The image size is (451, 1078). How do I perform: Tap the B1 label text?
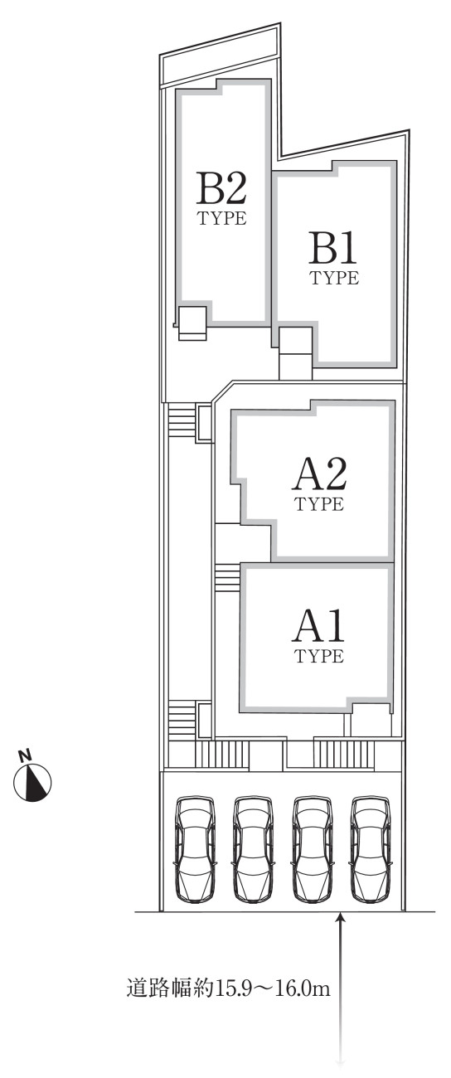pos(333,248)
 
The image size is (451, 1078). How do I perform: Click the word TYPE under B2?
pos(222,218)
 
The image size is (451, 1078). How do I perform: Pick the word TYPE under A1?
pos(319,656)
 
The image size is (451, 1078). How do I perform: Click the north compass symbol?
pos(32,783)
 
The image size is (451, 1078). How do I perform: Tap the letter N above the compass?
pos(23,755)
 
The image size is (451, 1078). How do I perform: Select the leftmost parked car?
pos(195,848)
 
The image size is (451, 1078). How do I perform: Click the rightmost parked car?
pos(370,848)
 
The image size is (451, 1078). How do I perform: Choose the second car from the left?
pos(253,848)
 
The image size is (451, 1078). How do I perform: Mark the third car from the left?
pos(312,848)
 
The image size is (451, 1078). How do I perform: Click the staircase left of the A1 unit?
pos(227,577)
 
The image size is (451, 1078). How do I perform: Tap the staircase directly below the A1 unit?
pos(344,753)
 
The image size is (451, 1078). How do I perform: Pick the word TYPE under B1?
pos(334,278)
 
